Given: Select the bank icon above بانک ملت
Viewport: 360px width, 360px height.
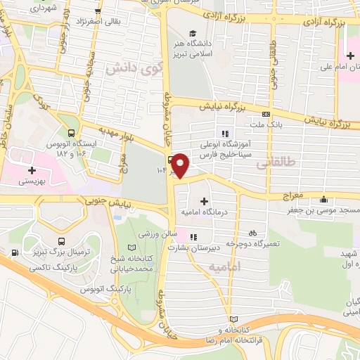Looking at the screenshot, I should pos(266,115).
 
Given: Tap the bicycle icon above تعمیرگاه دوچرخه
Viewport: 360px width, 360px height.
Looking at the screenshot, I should pos(251,232).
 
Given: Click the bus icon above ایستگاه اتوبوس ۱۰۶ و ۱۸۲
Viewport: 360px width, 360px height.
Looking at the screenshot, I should pos(72,131).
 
